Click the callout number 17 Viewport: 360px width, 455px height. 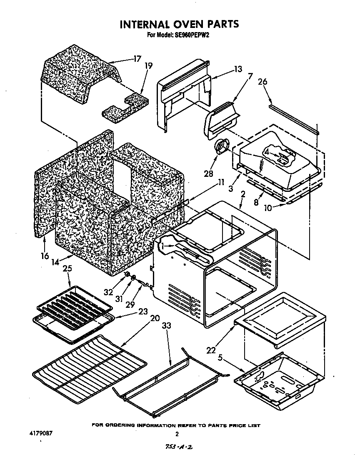(x=137, y=59)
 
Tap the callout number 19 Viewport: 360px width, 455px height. (x=148, y=65)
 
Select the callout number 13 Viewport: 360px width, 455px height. (x=237, y=69)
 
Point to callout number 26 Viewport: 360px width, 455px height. (x=262, y=82)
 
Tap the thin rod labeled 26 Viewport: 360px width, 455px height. (x=294, y=119)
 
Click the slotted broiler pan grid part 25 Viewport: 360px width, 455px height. (x=75, y=298)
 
